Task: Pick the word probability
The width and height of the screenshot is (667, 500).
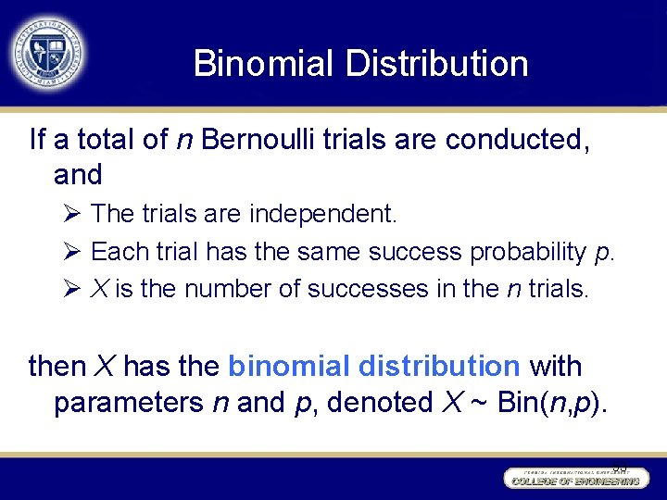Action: pyautogui.click(x=527, y=252)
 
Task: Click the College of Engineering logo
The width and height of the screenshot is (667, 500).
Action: pyautogui.click(x=575, y=478)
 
